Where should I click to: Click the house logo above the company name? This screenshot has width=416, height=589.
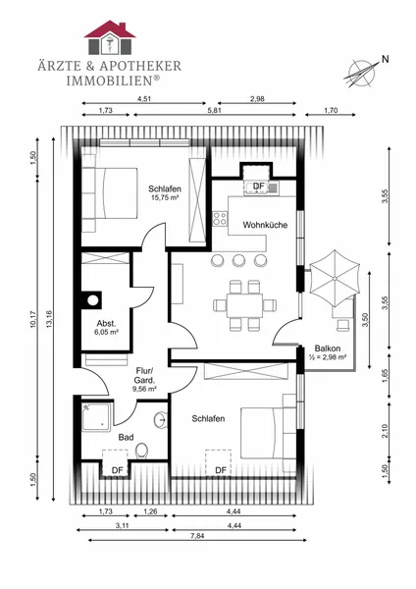click(x=110, y=37)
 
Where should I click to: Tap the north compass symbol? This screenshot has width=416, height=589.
click(x=362, y=74)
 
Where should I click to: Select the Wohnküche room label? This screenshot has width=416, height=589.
click(x=265, y=225)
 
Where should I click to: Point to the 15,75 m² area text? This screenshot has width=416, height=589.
click(x=165, y=197)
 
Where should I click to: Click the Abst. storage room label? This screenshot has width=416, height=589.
click(x=107, y=323)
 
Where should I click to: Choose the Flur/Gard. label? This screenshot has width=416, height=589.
click(x=144, y=375)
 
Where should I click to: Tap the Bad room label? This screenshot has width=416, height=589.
click(x=126, y=437)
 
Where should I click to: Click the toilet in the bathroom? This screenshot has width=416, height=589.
click(x=142, y=451)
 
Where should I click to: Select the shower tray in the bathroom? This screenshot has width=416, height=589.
click(x=96, y=416)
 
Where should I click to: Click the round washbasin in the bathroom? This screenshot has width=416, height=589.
click(x=161, y=419)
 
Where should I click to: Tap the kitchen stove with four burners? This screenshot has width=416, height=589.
click(x=220, y=219)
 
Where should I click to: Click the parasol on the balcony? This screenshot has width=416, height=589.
click(x=335, y=279)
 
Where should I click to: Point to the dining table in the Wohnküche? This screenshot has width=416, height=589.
click(x=244, y=305)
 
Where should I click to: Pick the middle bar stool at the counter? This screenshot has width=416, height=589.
click(x=238, y=260)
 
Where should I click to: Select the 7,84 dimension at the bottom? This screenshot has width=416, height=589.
click(x=197, y=536)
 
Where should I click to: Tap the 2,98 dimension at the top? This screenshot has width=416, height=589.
click(x=257, y=99)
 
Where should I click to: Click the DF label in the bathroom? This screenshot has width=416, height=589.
click(x=117, y=470)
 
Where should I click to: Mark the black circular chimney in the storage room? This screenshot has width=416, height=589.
click(x=93, y=300)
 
